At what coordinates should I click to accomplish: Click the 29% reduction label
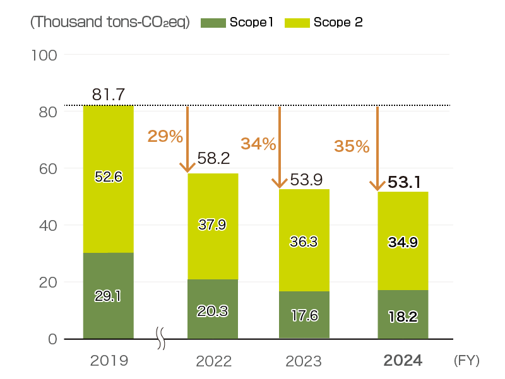click(x=165, y=136)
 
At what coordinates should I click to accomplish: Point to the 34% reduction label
click(x=258, y=144)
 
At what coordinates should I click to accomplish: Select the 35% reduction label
click(x=352, y=146)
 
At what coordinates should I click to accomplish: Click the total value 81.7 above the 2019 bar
click(x=108, y=95)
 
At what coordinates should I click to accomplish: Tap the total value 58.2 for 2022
click(x=213, y=159)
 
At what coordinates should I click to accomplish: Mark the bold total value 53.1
click(x=405, y=183)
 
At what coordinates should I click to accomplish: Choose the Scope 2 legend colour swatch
click(x=297, y=23)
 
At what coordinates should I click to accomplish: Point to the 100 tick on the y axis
click(x=44, y=55)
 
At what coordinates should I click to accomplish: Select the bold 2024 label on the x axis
click(x=403, y=361)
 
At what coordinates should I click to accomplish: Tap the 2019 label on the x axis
click(x=109, y=361)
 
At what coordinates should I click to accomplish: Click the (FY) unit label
click(x=466, y=361)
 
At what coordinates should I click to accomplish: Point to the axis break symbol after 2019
click(x=161, y=339)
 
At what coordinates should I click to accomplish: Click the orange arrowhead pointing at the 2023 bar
click(x=279, y=183)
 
